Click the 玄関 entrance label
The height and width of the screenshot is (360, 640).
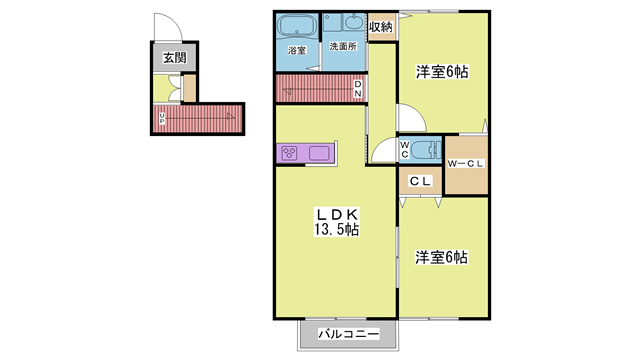[x=175, y=58]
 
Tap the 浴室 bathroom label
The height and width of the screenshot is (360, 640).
[x=297, y=50]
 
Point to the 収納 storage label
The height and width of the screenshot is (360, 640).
[x=380, y=26]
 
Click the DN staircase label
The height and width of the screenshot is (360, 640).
[x=359, y=88]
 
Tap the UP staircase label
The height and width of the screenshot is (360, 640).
[x=163, y=119]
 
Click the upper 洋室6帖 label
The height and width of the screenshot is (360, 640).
[x=441, y=71]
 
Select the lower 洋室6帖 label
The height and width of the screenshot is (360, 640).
[x=441, y=257]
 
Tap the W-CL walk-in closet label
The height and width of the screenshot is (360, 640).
[x=465, y=164]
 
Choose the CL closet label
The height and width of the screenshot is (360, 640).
[x=420, y=181]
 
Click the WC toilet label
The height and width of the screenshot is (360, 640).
[x=405, y=150]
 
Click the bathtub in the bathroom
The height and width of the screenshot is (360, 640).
[x=297, y=26]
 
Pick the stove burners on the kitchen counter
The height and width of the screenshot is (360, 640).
[x=291, y=154]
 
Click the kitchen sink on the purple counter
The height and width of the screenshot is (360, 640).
[x=321, y=154]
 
